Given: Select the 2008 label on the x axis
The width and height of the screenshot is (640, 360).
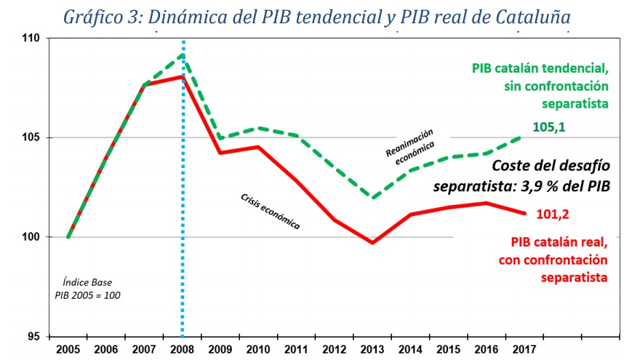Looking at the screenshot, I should [x=182, y=348].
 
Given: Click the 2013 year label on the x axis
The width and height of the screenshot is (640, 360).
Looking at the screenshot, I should [x=372, y=348].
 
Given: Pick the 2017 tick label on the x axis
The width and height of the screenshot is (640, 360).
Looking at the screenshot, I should [x=524, y=348].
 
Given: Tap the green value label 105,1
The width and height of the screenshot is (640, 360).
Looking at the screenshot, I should [x=548, y=128].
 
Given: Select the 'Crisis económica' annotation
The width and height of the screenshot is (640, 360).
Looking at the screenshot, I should [x=270, y=212].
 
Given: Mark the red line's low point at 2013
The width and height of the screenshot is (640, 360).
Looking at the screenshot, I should [x=372, y=242].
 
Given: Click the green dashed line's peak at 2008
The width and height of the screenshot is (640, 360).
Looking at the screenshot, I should [x=183, y=55].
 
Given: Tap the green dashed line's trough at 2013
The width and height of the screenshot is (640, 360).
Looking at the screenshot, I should [x=372, y=198].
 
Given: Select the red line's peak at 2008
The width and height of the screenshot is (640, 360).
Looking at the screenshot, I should [x=183, y=76].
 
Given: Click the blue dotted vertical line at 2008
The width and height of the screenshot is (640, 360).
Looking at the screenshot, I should [x=183, y=218].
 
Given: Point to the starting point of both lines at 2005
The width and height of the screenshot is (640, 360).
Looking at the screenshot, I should [x=68, y=236].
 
